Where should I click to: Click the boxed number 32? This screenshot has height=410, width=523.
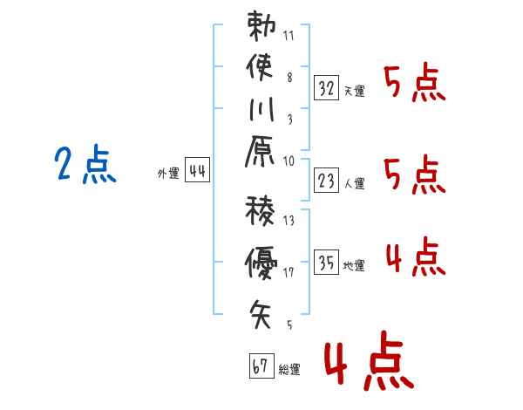click(327, 87)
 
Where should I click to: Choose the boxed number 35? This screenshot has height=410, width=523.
click(327, 263)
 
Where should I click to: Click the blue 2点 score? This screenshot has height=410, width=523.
click(85, 165)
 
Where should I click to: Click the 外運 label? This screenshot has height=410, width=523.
click(167, 174)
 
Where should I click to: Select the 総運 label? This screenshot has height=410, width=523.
click(289, 369)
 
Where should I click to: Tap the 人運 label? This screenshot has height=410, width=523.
click(355, 183)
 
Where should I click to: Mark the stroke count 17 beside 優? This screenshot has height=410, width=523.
click(289, 273)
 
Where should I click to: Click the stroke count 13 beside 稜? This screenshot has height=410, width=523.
click(289, 221)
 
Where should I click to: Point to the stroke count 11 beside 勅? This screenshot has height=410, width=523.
click(289, 37)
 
